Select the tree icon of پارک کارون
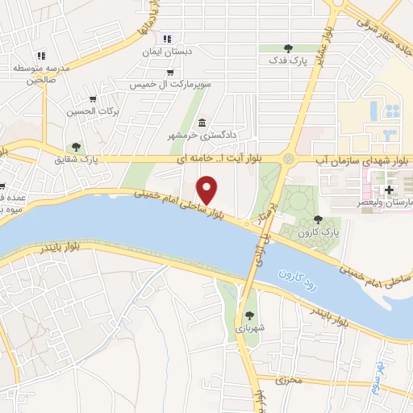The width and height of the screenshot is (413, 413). click(318, 219)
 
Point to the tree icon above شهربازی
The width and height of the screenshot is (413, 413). click(248, 315)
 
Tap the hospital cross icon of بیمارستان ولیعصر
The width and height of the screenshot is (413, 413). click(390, 190)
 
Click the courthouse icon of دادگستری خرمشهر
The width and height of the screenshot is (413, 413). click(201, 122)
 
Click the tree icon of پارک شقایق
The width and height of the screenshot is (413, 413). click(76, 147)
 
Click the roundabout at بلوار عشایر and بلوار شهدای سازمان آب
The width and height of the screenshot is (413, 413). click(288, 159)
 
